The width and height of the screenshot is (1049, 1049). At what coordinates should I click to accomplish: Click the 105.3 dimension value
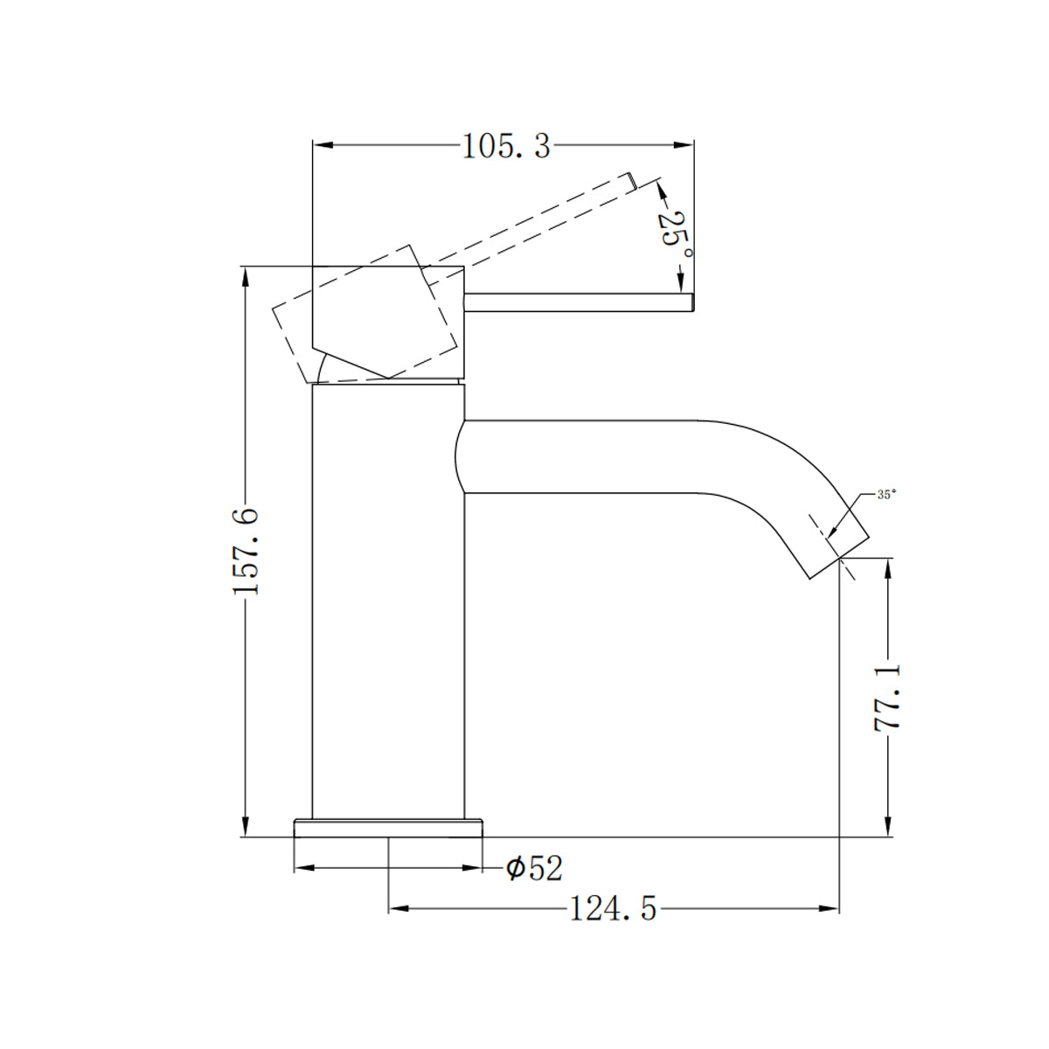point(506,146)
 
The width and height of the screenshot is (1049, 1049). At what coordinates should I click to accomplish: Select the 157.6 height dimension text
point(247,551)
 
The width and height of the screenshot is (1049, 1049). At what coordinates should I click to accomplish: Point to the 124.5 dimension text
point(613,909)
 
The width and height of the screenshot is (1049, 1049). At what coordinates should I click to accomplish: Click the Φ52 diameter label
point(534,868)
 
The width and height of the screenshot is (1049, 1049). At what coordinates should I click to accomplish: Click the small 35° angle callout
point(886,495)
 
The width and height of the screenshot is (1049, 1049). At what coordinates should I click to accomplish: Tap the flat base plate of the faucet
point(388,827)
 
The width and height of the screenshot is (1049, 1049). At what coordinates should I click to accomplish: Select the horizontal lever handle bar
point(577,302)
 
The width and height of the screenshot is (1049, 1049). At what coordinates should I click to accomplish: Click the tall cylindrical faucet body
point(388,603)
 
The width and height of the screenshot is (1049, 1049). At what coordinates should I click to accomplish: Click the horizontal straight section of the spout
point(594,457)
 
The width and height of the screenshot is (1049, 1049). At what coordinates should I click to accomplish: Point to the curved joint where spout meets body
point(462,457)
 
